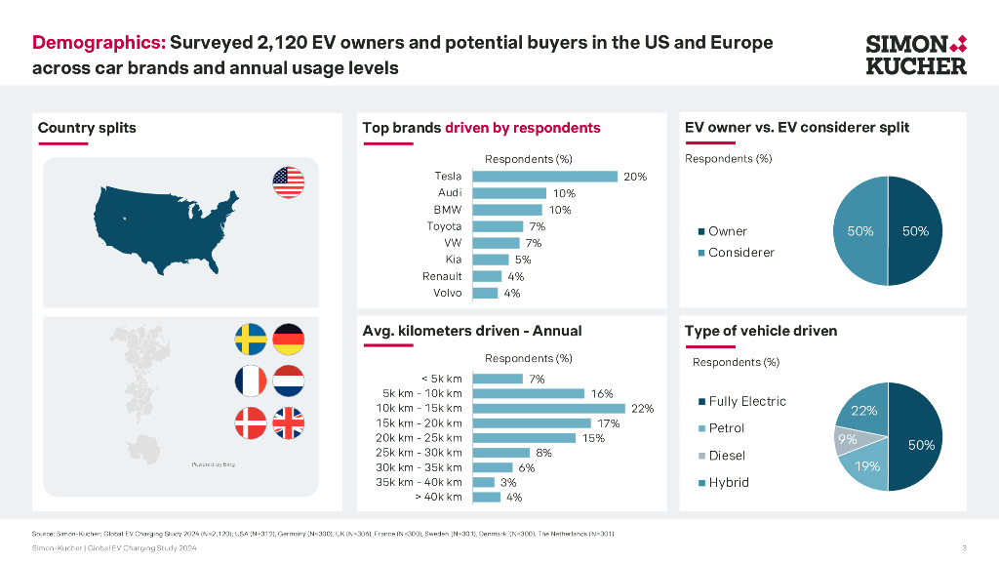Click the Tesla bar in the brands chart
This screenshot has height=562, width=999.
click(x=544, y=177)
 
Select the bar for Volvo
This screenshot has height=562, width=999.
click(x=485, y=293)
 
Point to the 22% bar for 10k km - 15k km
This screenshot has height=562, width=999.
click(x=548, y=409)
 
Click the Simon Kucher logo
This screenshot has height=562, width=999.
click(x=916, y=55)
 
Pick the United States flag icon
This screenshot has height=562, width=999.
click(x=288, y=182)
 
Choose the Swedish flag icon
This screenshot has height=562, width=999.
click(x=251, y=340)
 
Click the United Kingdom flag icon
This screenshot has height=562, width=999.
click(x=288, y=422)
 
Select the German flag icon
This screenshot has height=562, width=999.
click(x=289, y=340)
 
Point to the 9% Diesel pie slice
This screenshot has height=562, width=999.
click(x=847, y=440)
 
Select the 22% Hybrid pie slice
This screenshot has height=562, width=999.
click(x=862, y=409)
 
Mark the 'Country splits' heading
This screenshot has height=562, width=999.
click(x=87, y=128)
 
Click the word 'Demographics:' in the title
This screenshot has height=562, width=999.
click(x=99, y=43)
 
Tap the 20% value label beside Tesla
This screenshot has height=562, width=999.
click(x=635, y=177)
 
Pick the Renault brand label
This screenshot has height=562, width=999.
click(x=442, y=276)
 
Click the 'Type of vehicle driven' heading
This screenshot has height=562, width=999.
click(x=761, y=331)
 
